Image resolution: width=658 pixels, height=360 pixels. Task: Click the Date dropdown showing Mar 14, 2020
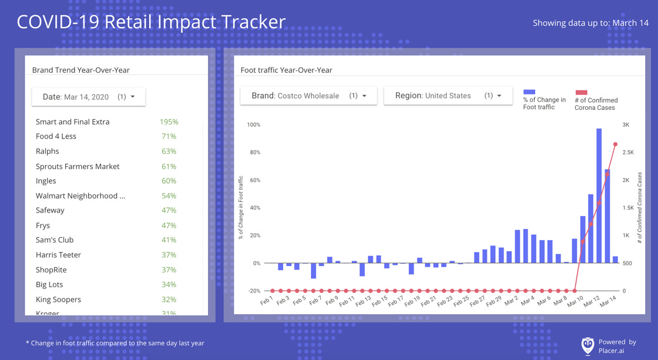[x=88, y=97]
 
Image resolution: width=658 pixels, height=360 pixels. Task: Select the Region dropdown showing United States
[x=448, y=96]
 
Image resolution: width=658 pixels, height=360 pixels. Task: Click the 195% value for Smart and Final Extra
[x=169, y=122]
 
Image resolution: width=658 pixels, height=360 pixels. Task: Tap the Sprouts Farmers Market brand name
[x=78, y=167]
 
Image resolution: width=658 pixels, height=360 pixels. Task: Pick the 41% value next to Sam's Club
[x=169, y=240]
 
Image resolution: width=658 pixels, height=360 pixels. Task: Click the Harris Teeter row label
[x=58, y=255]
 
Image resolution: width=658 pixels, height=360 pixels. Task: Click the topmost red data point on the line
[x=615, y=144]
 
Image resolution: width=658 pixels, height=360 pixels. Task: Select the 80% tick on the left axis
[x=254, y=153]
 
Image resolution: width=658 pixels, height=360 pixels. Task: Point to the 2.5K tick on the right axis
[x=628, y=153]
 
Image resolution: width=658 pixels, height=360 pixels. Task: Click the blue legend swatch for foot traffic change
[x=529, y=92]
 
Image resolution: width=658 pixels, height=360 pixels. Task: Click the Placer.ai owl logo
[x=587, y=345]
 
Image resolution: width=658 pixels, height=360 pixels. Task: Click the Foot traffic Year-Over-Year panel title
[x=286, y=70]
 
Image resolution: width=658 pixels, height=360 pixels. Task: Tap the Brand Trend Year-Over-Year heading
[x=80, y=70]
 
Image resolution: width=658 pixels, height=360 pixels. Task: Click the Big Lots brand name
[x=49, y=285]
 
